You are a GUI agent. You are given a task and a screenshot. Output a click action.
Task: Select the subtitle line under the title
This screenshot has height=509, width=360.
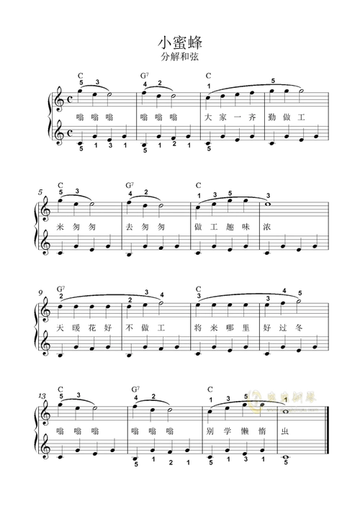[x=179, y=55]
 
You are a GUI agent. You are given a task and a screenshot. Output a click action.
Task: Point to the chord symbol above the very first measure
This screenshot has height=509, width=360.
[x=81, y=75]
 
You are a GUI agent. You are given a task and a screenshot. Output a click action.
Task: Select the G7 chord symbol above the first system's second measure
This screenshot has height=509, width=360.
[x=145, y=75]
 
